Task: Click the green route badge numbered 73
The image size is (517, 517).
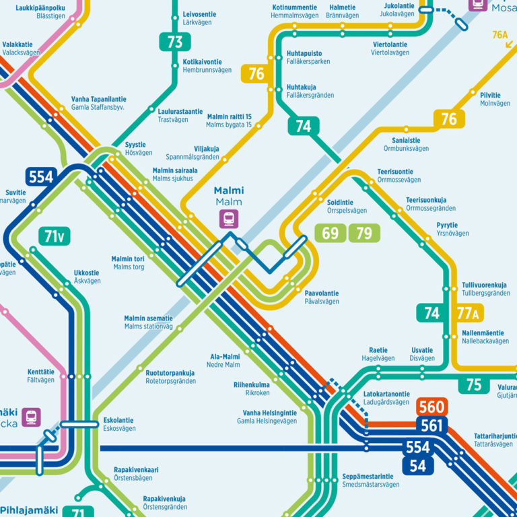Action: pos(174,42)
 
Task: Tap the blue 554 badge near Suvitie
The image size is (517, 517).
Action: pos(40,177)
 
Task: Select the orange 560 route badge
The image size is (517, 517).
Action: pos(432,407)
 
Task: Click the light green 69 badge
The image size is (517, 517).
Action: pos(331,234)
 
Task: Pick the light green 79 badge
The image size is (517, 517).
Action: pos(364,234)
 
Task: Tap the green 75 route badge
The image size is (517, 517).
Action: pos(474,384)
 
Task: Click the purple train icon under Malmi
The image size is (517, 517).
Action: pos(229,219)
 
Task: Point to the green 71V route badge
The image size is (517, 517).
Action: pos(55,236)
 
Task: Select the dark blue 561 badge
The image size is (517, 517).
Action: pos(432,425)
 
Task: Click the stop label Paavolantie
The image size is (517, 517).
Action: pos(322,294)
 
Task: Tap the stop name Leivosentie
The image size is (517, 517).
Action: pos(200,13)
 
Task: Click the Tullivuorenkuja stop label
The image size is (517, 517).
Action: pos(485,285)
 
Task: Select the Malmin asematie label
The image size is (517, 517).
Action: pos(148,318)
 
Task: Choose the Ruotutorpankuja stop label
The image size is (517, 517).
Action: pos(170,373)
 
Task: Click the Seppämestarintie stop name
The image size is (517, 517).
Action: pos(368,476)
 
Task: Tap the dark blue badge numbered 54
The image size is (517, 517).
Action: pos(418,465)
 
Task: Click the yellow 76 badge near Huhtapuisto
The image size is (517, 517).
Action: pos(256,74)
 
